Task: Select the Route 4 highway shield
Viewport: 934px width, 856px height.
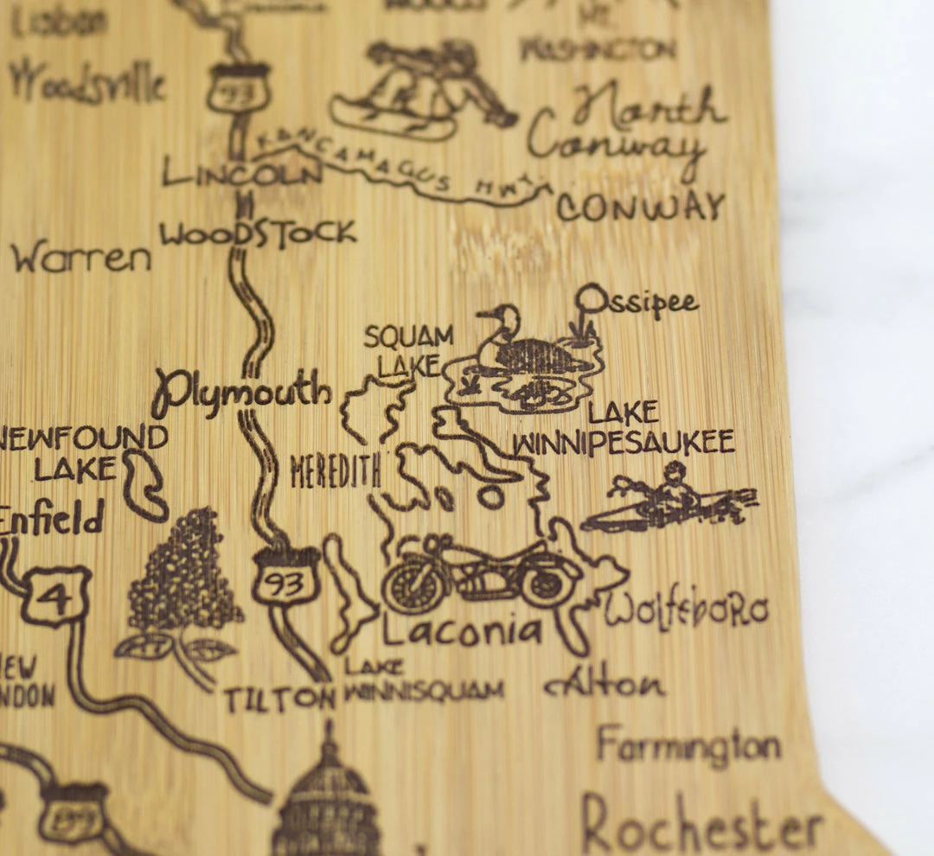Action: click(56, 596)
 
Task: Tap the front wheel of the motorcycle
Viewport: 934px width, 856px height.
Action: click(413, 583)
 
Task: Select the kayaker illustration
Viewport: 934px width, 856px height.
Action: click(669, 502)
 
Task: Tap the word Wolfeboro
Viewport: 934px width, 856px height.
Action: click(686, 611)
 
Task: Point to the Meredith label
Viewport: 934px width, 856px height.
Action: click(336, 471)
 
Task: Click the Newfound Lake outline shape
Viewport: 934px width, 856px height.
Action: click(144, 487)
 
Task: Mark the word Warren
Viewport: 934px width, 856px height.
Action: click(80, 258)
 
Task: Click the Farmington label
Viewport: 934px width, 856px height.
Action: click(688, 745)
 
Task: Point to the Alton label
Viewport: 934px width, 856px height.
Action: click(605, 685)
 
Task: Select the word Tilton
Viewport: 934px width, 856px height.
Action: click(279, 699)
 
